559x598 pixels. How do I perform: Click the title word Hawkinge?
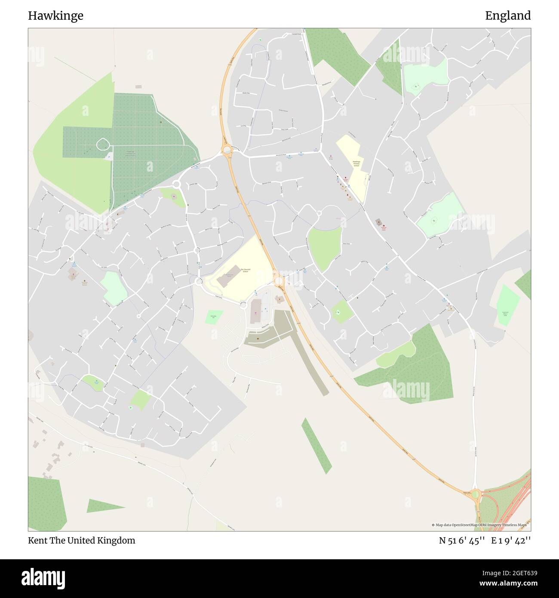click(x=56, y=16)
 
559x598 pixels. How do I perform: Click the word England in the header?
click(x=508, y=16)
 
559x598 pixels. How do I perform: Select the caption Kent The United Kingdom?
click(x=82, y=540)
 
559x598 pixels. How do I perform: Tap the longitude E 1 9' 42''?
click(x=511, y=541)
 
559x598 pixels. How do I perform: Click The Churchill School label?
click(x=245, y=270)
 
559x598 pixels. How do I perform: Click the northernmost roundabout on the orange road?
click(x=227, y=150)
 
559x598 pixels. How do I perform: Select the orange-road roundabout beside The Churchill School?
click(x=279, y=281)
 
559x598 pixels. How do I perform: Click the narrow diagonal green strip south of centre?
click(x=316, y=445)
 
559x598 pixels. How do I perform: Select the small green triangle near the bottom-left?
click(x=103, y=506)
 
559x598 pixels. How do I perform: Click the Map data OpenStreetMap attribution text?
click(x=481, y=525)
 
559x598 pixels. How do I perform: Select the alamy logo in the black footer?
click(x=43, y=578)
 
